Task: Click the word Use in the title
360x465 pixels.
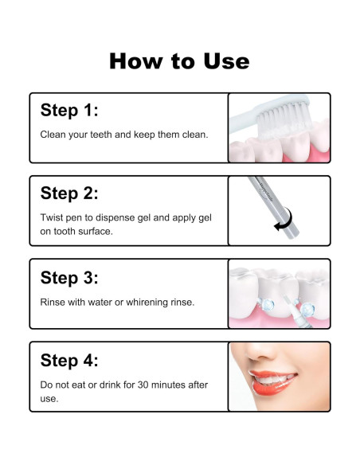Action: (x=226, y=61)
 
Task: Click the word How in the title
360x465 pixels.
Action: (x=136, y=61)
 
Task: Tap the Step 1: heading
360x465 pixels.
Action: (x=69, y=110)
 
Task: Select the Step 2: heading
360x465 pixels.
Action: (x=69, y=193)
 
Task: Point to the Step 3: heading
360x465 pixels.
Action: (x=69, y=278)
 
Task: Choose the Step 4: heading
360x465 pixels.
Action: (x=69, y=361)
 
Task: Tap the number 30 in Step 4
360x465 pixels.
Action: (x=143, y=385)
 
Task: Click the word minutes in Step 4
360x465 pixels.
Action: (x=168, y=385)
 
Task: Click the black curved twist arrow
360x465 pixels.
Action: (x=286, y=220)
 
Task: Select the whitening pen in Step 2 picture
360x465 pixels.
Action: (x=273, y=207)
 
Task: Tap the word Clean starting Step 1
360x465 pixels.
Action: (x=53, y=135)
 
